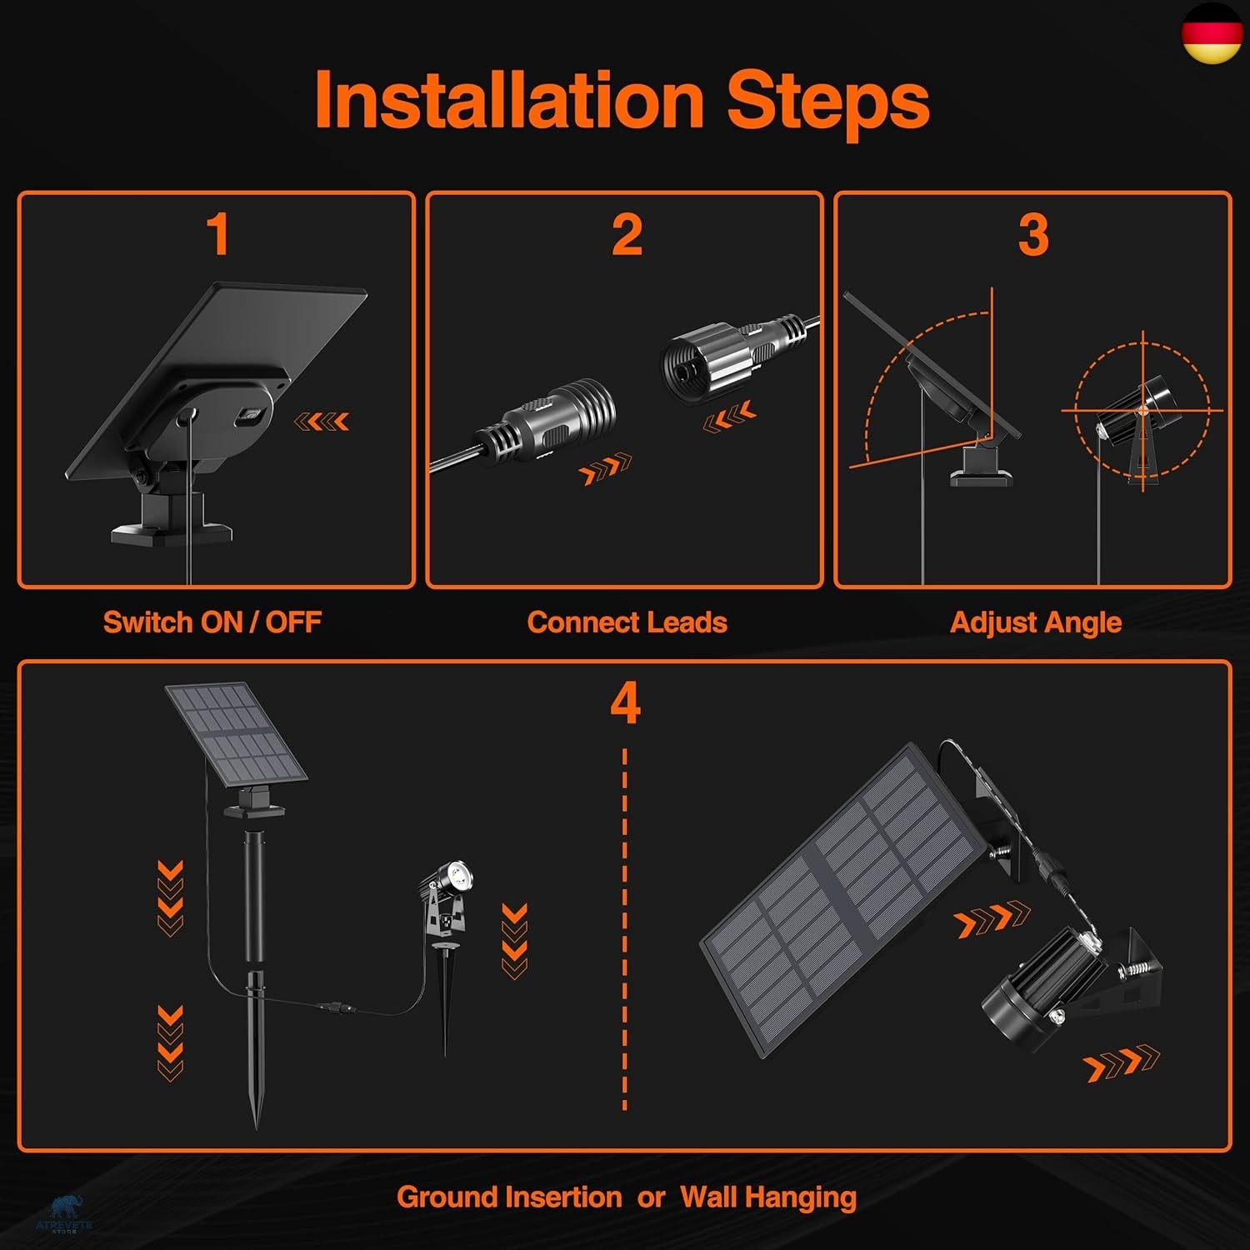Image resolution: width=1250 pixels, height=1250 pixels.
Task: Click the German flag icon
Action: [x=1212, y=32]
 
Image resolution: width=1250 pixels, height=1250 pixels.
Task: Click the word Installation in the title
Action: [x=509, y=100]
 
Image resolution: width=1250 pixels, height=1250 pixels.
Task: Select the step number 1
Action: [x=217, y=234]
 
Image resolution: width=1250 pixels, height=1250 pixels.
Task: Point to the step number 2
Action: [x=627, y=234]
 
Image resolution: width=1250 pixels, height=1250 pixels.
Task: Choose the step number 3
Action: [x=1033, y=234]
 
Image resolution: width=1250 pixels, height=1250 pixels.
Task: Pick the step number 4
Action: [x=625, y=703]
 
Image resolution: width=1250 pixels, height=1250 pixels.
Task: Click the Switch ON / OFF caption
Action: [x=212, y=622]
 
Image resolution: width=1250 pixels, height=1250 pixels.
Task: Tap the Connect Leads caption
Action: [x=627, y=622]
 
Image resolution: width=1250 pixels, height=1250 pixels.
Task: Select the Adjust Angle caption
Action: [x=1036, y=622]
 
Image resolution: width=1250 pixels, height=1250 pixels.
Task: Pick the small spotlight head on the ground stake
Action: [x=451, y=879]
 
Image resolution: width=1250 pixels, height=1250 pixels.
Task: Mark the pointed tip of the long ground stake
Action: [x=257, y=1121]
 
